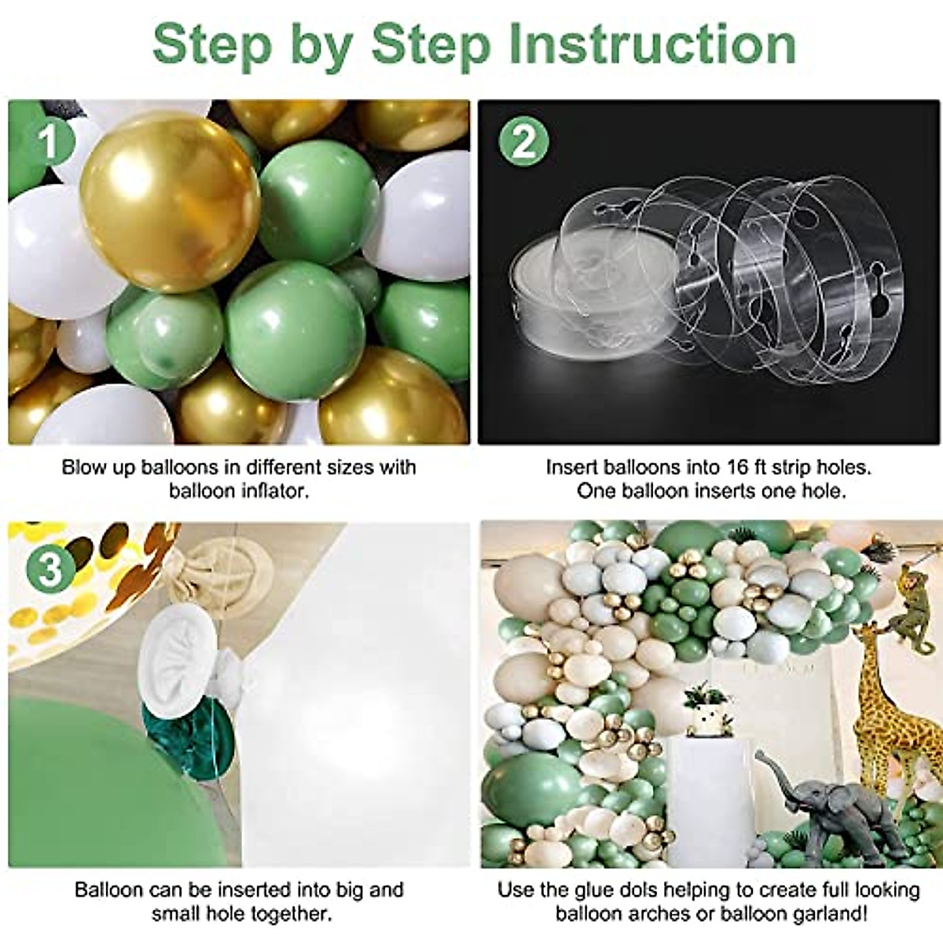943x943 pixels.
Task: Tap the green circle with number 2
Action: pos(523,142)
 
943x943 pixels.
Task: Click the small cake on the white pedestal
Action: pos(706,712)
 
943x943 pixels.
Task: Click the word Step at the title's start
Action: pos(212,45)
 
